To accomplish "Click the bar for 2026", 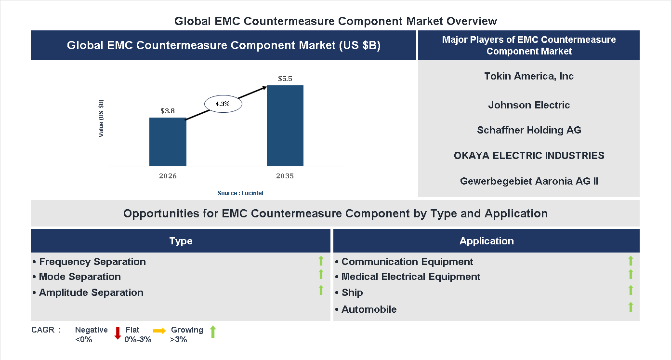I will coord(168,142).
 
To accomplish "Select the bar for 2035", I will coord(285,126).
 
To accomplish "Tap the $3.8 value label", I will coord(168,111).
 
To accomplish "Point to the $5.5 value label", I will coord(285,79).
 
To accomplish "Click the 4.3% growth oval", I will coord(223,104).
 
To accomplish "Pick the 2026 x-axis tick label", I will coord(168,176).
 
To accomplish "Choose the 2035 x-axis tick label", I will coord(285,176).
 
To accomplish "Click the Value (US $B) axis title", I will coord(101,119).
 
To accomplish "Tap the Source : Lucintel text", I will coord(240,193).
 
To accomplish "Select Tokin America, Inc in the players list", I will coord(529,76).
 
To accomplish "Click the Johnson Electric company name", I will coord(529,105).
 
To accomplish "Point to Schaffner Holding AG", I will coord(529,130).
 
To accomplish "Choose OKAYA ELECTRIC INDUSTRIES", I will coord(529,156).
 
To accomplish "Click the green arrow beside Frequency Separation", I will coord(321,261).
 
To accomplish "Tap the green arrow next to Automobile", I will coord(631,307).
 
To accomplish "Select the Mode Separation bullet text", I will coord(79,277).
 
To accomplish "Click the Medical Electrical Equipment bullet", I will coord(410,277).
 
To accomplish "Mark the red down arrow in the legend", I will coord(118,333).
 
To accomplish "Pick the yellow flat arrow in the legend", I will coord(159,331).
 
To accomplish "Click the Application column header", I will coord(487,241).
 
